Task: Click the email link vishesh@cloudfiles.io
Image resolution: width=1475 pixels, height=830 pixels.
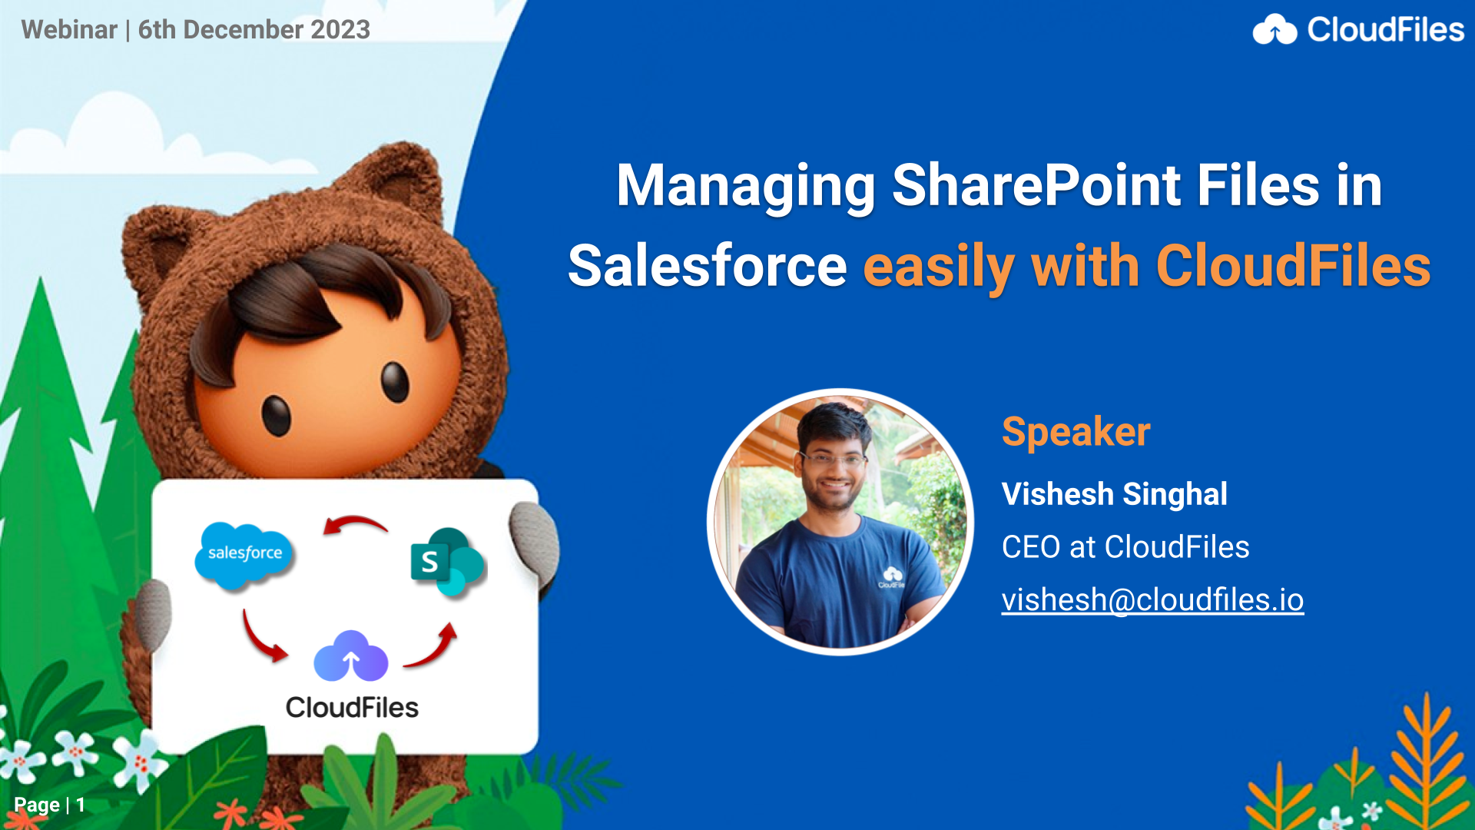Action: coord(1152,600)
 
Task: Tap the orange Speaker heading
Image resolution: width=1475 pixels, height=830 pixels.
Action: coord(1076,432)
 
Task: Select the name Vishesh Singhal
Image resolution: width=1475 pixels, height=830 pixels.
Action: coord(1114,494)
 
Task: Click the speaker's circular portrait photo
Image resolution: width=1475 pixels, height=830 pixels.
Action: coord(840,522)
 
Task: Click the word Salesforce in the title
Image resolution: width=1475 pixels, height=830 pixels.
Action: coord(707,266)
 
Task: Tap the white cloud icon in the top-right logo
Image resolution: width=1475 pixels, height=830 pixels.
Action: coord(1274,30)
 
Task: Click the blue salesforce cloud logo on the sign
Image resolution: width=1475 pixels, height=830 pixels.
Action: coord(244,555)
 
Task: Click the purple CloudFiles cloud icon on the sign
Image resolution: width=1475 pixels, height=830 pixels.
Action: coord(351,656)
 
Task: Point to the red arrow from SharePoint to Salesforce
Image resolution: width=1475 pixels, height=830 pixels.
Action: coord(355,524)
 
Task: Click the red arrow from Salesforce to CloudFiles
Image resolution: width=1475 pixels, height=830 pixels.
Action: coord(263,638)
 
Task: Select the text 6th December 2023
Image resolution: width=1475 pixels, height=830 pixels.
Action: coord(254,29)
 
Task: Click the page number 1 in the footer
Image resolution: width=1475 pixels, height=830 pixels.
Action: coord(80,805)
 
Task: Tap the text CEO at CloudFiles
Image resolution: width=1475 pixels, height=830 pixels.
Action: coord(1125,547)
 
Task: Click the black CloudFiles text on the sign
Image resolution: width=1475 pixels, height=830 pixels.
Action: coord(352,707)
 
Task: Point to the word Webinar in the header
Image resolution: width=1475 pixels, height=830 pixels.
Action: coord(69,29)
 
